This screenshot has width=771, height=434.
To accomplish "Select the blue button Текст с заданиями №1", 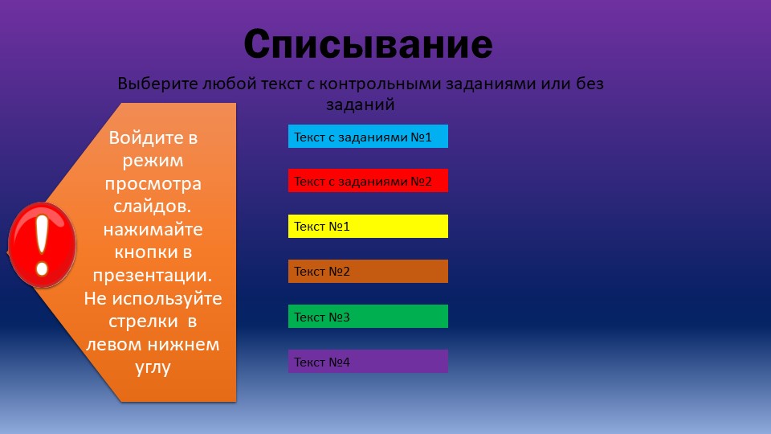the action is coord(368,137).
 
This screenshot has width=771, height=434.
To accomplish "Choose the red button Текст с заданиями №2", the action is coord(368,181).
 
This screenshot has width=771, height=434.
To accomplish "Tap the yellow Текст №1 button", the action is coord(368,227).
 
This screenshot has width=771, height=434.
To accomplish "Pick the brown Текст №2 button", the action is coord(368,271).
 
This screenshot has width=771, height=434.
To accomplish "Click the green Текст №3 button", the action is coord(368,317).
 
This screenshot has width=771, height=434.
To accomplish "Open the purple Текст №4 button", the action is coord(368,361).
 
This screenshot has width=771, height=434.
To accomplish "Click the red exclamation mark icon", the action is coord(43,244).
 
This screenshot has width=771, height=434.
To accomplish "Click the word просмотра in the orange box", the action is coord(153,185).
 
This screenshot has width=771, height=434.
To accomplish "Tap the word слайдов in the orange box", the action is coord(150,207).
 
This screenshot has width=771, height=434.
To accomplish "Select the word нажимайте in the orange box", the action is coord(153,230).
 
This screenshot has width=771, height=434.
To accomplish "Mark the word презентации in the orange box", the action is coord(150,276).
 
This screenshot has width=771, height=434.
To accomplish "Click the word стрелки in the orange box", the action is coord(143,321).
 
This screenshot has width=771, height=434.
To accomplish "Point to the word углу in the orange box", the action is coord(153,368).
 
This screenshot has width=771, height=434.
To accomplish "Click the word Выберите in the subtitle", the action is coord(158,84).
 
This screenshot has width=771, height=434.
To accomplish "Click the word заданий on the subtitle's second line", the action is coord(361,105).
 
